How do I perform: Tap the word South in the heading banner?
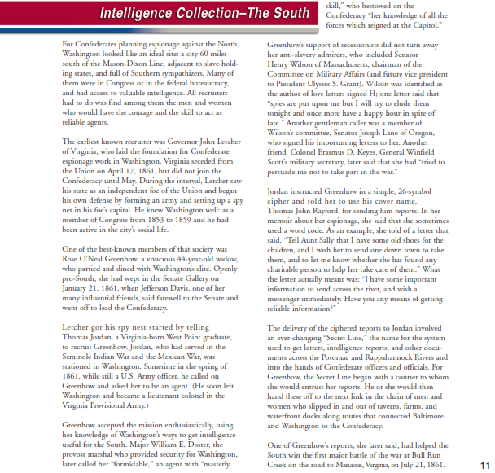(288, 14)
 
